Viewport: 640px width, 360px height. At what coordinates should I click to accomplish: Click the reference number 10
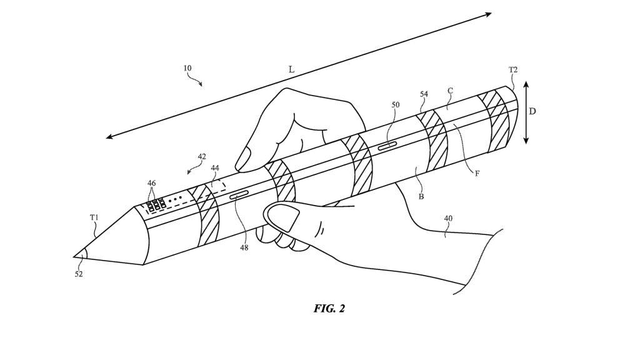(x=187, y=68)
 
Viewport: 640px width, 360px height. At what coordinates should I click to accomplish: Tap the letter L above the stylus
(x=291, y=70)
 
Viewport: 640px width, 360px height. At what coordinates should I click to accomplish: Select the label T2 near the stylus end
(x=512, y=70)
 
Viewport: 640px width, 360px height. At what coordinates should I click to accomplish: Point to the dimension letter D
(x=532, y=111)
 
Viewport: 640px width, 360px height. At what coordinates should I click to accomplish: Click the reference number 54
(x=424, y=94)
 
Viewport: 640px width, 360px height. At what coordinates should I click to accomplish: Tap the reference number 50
(x=395, y=105)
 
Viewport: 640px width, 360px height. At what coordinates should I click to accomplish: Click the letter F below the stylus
(x=477, y=173)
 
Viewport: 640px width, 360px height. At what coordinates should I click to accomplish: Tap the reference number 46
(x=152, y=183)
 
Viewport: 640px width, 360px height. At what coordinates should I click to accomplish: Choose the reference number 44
(x=215, y=167)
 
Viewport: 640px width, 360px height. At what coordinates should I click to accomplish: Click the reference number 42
(x=201, y=157)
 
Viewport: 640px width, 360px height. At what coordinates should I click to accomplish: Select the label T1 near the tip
(x=94, y=217)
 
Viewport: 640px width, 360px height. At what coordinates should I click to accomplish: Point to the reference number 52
(x=79, y=274)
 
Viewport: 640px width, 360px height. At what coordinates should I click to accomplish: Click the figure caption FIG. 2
(x=329, y=309)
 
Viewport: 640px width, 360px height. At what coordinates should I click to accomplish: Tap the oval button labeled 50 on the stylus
(x=387, y=145)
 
